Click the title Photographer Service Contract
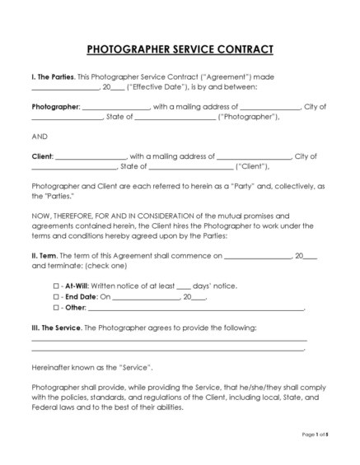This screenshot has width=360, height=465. click(180, 49)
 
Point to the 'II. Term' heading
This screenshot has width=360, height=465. click(44, 256)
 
